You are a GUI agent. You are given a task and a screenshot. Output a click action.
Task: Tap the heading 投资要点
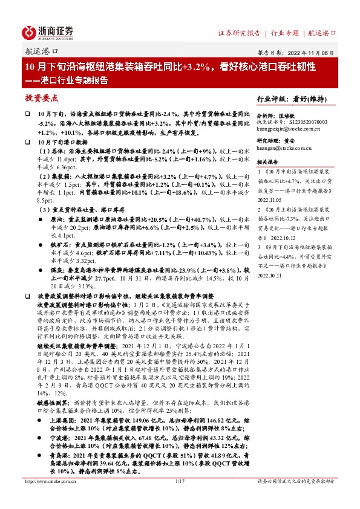(x=41, y=97)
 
